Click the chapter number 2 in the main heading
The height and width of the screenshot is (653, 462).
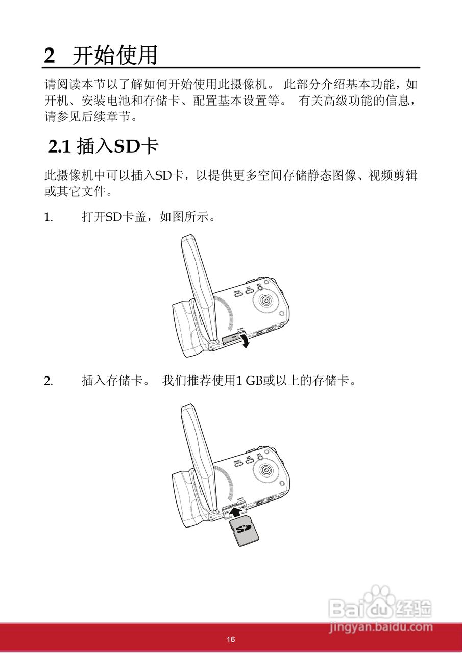click(49, 55)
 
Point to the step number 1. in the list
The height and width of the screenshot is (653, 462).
click(48, 218)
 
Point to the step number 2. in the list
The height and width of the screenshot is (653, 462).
click(48, 381)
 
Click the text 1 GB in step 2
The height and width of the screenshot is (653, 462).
click(248, 381)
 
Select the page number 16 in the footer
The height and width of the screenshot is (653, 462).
click(231, 640)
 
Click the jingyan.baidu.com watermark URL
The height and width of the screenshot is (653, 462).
click(381, 627)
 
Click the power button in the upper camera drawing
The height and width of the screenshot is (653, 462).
click(265, 301)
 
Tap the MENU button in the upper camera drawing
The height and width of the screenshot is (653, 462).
click(238, 294)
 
